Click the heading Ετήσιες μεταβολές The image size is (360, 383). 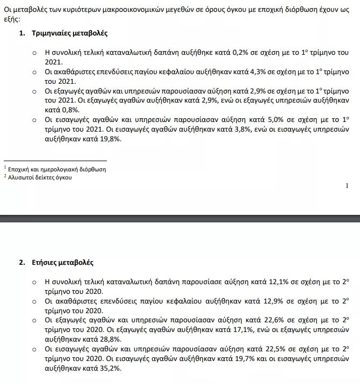(x=63, y=263)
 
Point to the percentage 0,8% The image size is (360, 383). (x=54, y=110)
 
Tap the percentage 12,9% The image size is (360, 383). (x=258, y=301)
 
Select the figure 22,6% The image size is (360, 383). (x=259, y=320)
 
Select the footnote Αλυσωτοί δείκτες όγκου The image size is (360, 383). (x=39, y=177)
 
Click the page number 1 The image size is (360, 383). (x=347, y=186)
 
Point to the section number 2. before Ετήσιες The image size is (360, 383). (x=22, y=263)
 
